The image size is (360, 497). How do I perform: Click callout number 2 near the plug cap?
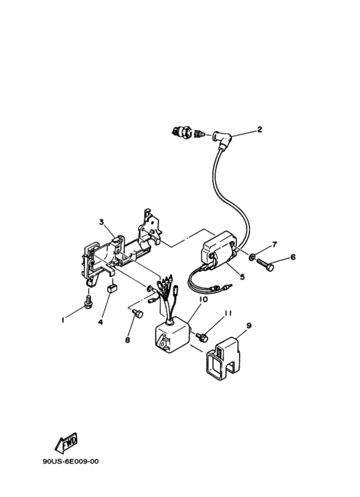point(260,129)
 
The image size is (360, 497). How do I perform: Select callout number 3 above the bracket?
point(102,222)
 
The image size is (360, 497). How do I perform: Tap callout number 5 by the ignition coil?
point(242,278)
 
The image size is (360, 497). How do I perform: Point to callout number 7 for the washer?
point(274,245)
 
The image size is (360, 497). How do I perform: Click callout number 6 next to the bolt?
point(293,257)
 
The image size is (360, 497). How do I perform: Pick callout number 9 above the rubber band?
point(249,325)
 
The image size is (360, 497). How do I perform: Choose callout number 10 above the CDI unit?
point(203,300)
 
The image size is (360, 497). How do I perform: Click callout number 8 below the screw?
point(127,340)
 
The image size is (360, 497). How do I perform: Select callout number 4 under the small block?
point(100,322)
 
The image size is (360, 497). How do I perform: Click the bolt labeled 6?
point(267,264)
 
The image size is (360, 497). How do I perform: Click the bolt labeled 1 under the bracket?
point(88,300)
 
